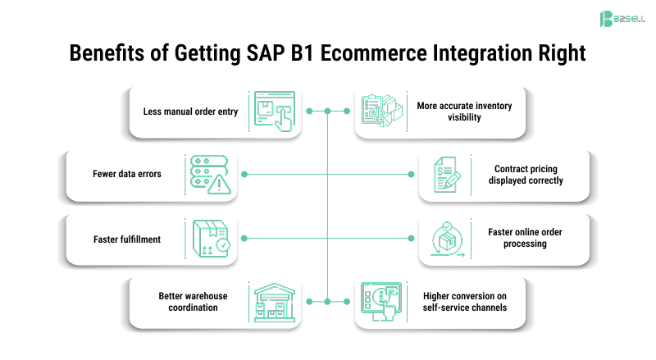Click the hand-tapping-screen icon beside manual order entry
pyautogui.click(x=274, y=111)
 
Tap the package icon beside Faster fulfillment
pyautogui.click(x=209, y=239)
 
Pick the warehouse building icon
pyautogui.click(x=274, y=302)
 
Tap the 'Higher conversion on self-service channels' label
pyautogui.click(x=465, y=302)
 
